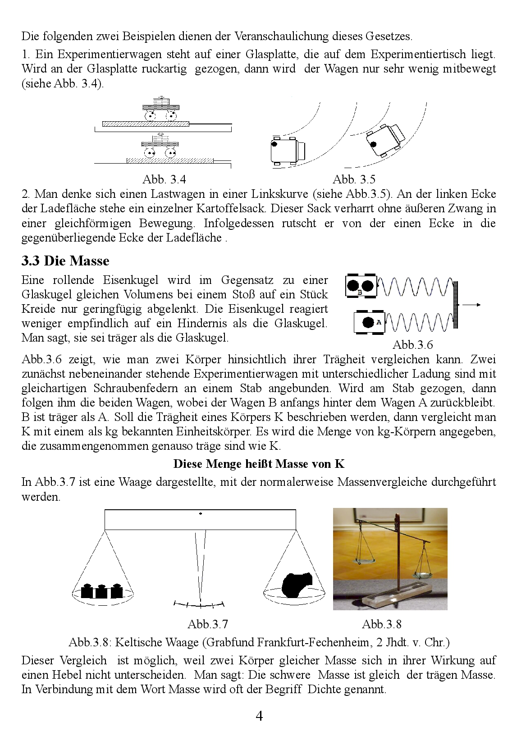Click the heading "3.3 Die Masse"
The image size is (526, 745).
coord(65,261)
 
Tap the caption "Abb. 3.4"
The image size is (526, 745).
coord(164,179)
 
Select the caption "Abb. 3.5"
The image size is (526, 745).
coord(354,179)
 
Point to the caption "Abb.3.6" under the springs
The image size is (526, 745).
coord(412,345)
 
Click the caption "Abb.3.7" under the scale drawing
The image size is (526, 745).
coord(208,624)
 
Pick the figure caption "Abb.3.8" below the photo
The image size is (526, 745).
coord(381,624)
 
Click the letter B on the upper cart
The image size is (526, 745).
coord(360,293)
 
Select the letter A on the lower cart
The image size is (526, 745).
coord(379,322)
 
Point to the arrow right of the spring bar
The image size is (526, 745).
coord(471,305)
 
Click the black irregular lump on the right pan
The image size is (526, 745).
coord(296,584)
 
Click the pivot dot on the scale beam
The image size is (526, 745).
coord(200,513)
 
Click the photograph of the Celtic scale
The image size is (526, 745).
coord(390,559)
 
